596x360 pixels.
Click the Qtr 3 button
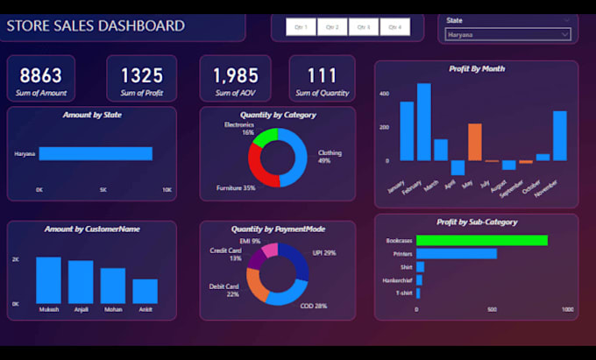coord(363,27)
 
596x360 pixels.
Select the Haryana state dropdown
coord(507,35)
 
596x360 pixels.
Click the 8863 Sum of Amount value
coord(41,76)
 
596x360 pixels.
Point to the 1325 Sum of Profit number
coord(141,76)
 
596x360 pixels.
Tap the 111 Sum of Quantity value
coord(322,76)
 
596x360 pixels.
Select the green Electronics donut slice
coord(264,138)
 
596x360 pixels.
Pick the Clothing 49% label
coord(330,157)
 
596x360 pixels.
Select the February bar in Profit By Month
coord(423,122)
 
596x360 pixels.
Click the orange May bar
coord(475,142)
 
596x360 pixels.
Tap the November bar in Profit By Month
coord(559,136)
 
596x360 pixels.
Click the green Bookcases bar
coord(481,240)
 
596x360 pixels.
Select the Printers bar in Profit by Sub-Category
coord(456,254)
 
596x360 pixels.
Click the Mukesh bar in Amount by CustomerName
coord(48,280)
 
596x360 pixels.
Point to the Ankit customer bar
coord(145,291)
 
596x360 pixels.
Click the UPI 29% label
coord(323,252)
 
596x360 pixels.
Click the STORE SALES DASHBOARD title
coord(96,25)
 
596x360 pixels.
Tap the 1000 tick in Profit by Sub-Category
coord(568,309)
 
